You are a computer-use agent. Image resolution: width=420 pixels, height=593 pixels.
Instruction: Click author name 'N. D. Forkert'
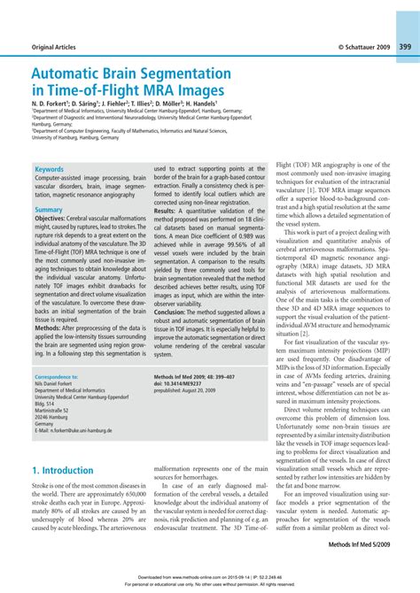[x=54, y=104]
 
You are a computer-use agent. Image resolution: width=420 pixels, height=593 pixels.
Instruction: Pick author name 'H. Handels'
[x=220, y=104]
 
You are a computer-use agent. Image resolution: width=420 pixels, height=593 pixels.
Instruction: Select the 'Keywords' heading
[x=50, y=169]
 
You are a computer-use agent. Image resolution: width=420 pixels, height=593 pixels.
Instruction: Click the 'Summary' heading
[x=49, y=210]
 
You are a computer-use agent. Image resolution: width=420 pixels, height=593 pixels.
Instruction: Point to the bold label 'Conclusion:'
[x=172, y=312]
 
